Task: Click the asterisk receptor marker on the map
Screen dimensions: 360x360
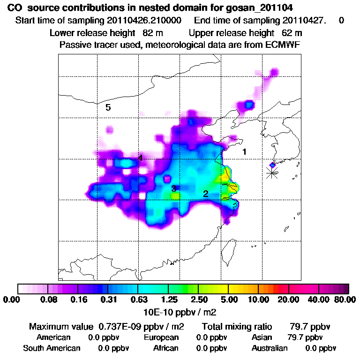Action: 272,172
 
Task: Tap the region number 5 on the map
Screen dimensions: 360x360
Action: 108,108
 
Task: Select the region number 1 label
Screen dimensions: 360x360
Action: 244,152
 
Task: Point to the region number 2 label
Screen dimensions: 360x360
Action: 205,194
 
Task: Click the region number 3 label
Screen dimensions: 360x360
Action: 174,188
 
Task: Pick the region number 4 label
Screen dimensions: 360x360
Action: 140,158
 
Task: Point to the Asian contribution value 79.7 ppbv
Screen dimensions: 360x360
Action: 305,337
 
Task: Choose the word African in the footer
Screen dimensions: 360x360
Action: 166,348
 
